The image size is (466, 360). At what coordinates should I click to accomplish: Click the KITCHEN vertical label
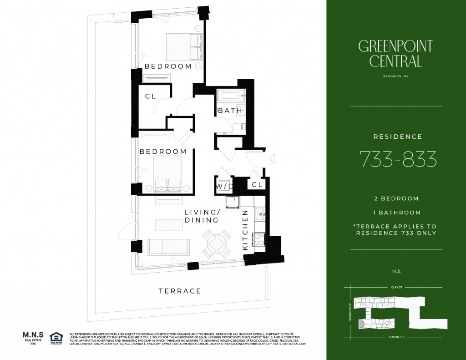(245, 229)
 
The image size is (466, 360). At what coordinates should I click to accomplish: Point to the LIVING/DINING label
(202, 216)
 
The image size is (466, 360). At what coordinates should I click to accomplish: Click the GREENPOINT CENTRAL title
(395, 53)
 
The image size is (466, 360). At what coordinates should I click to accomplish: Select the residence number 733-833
(398, 159)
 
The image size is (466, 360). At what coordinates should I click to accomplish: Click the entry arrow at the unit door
(272, 159)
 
